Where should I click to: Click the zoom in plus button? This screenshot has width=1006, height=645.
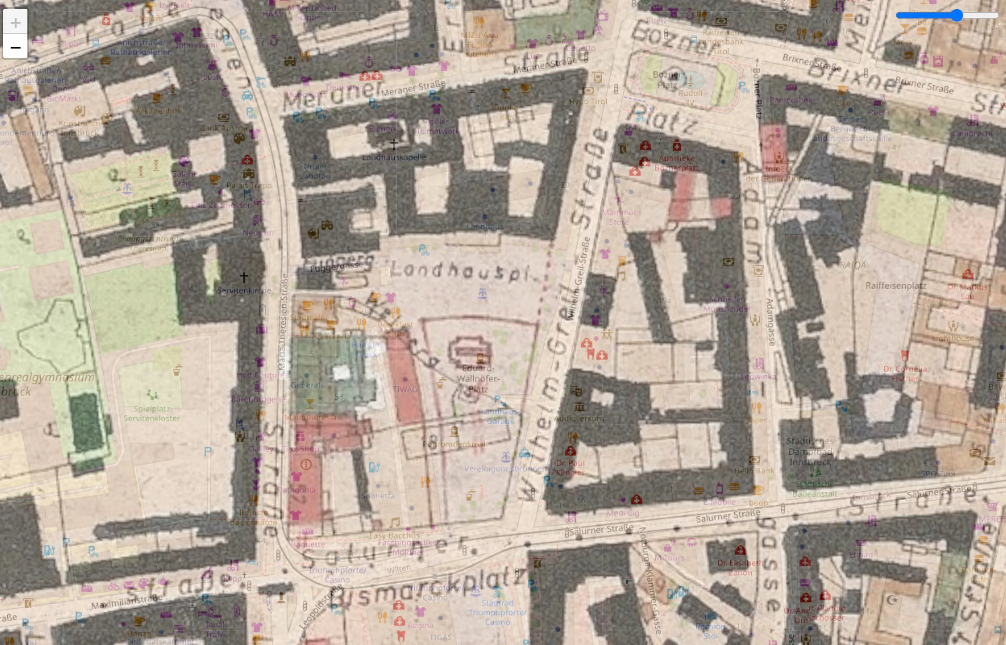point(15,22)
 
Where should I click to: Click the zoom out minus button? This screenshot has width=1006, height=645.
point(15,47)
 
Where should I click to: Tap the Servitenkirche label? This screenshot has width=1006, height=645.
point(244,290)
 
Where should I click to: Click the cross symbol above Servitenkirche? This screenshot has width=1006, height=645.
point(244,277)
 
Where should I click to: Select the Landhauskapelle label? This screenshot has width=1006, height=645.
point(394,157)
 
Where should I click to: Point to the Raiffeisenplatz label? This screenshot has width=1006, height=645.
point(896,286)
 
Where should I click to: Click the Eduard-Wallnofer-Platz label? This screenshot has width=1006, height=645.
point(478,379)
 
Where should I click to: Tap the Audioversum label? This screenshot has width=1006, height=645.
point(579,418)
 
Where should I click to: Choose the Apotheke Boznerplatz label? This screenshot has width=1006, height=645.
point(677,163)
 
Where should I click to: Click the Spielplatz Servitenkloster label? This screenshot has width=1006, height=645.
point(152,413)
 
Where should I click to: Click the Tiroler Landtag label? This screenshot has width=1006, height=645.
point(315,171)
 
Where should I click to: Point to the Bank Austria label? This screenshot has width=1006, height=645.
point(224,128)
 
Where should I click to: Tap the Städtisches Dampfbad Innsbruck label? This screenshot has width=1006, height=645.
point(810,451)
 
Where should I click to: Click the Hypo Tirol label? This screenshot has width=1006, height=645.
point(588,101)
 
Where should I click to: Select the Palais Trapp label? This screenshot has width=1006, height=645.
point(249,185)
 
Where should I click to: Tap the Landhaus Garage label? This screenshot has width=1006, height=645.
point(500,416)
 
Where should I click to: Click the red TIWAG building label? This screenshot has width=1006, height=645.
point(405,389)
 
